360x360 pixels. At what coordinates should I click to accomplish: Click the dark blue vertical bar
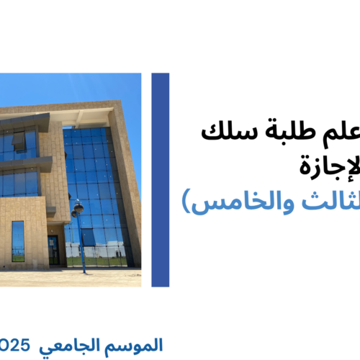161,180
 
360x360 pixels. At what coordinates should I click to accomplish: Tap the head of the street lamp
77,208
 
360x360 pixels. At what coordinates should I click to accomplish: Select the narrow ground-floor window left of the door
18,240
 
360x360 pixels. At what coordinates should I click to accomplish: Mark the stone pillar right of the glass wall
130,187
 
